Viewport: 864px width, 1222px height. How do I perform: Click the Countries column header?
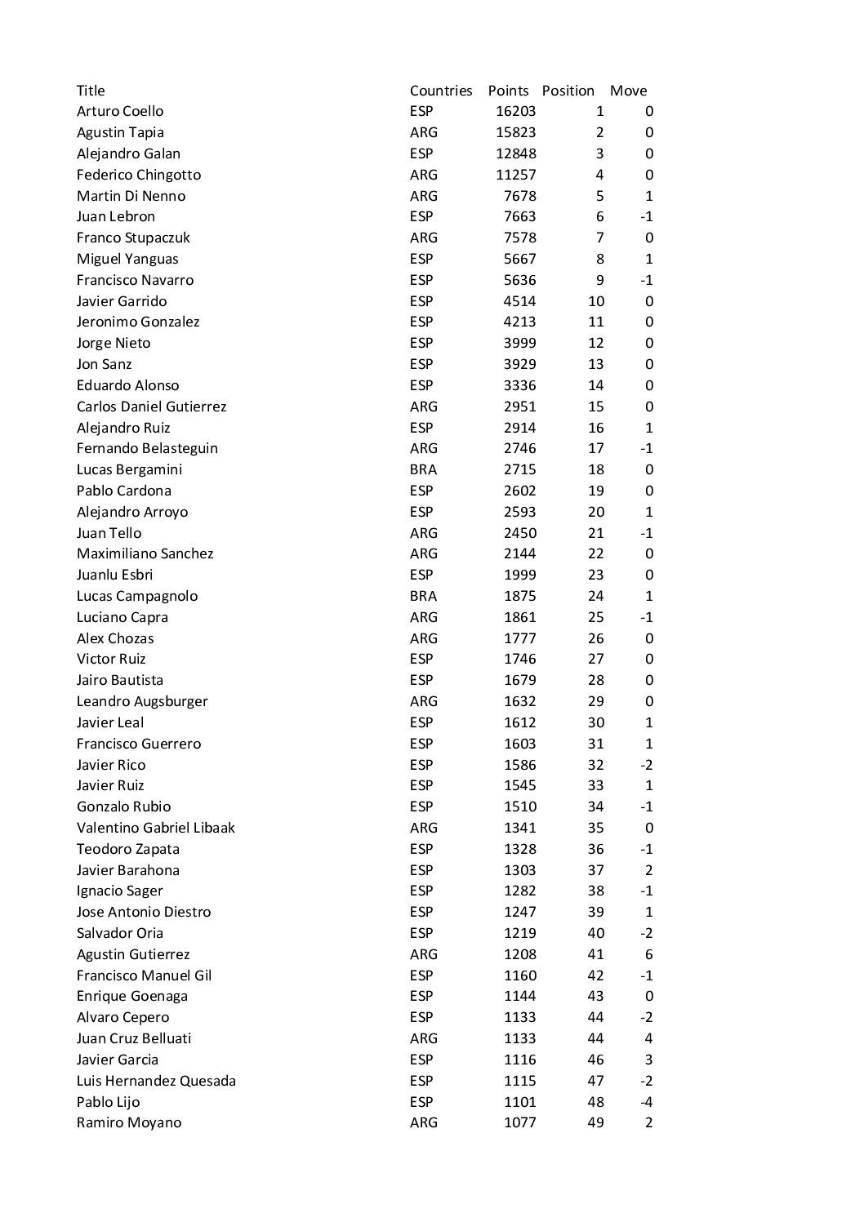coord(441,91)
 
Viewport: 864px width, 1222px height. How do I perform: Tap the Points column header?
coord(508,91)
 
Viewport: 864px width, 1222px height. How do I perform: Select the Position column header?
coord(568,91)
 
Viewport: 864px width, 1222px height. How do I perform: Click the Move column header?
coord(628,91)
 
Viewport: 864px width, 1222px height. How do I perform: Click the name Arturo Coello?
coord(120,111)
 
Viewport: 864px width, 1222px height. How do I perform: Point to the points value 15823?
coord(516,132)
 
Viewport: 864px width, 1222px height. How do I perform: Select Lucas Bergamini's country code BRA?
coord(423,469)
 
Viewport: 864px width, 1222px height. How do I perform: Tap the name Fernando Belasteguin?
coord(147,448)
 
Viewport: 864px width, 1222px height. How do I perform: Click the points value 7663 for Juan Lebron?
coord(519,216)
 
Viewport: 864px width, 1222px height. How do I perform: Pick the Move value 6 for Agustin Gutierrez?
coord(648,954)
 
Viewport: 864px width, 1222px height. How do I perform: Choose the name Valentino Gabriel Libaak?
coord(155,828)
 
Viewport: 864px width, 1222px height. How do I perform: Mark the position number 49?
coord(595,1122)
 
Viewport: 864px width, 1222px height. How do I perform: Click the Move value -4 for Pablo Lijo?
coord(646,1102)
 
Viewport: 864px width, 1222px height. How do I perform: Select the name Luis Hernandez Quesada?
coord(156,1081)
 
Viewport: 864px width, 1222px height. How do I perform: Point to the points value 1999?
coord(519,575)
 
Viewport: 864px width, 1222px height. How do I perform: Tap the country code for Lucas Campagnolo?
coord(423,596)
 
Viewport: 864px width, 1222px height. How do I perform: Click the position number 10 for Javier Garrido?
coord(595,301)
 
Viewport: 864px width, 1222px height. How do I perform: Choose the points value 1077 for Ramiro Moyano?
coord(519,1122)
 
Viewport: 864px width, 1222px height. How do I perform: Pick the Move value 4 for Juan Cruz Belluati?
coord(648,1038)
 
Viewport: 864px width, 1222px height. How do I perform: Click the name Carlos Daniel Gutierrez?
coord(151,407)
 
